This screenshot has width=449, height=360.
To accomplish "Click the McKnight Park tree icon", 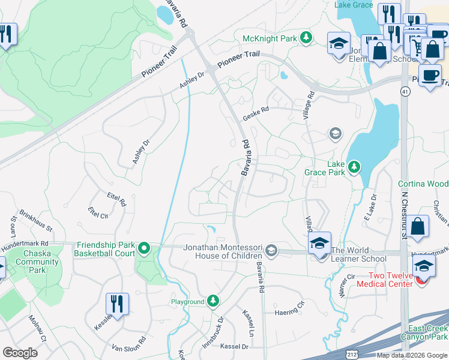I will coord(306,38).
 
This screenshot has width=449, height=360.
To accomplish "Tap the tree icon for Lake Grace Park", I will coord(354,166).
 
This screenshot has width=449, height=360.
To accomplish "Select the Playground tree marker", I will coord(213,301).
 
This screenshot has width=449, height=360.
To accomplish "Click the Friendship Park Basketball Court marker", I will coord(143,248).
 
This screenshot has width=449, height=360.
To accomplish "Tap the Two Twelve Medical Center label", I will coord(384,280).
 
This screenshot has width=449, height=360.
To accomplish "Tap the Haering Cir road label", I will coord(291,310).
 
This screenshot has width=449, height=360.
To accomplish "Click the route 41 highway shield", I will coord(406,91).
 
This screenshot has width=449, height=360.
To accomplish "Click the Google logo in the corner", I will coord(20,353).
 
